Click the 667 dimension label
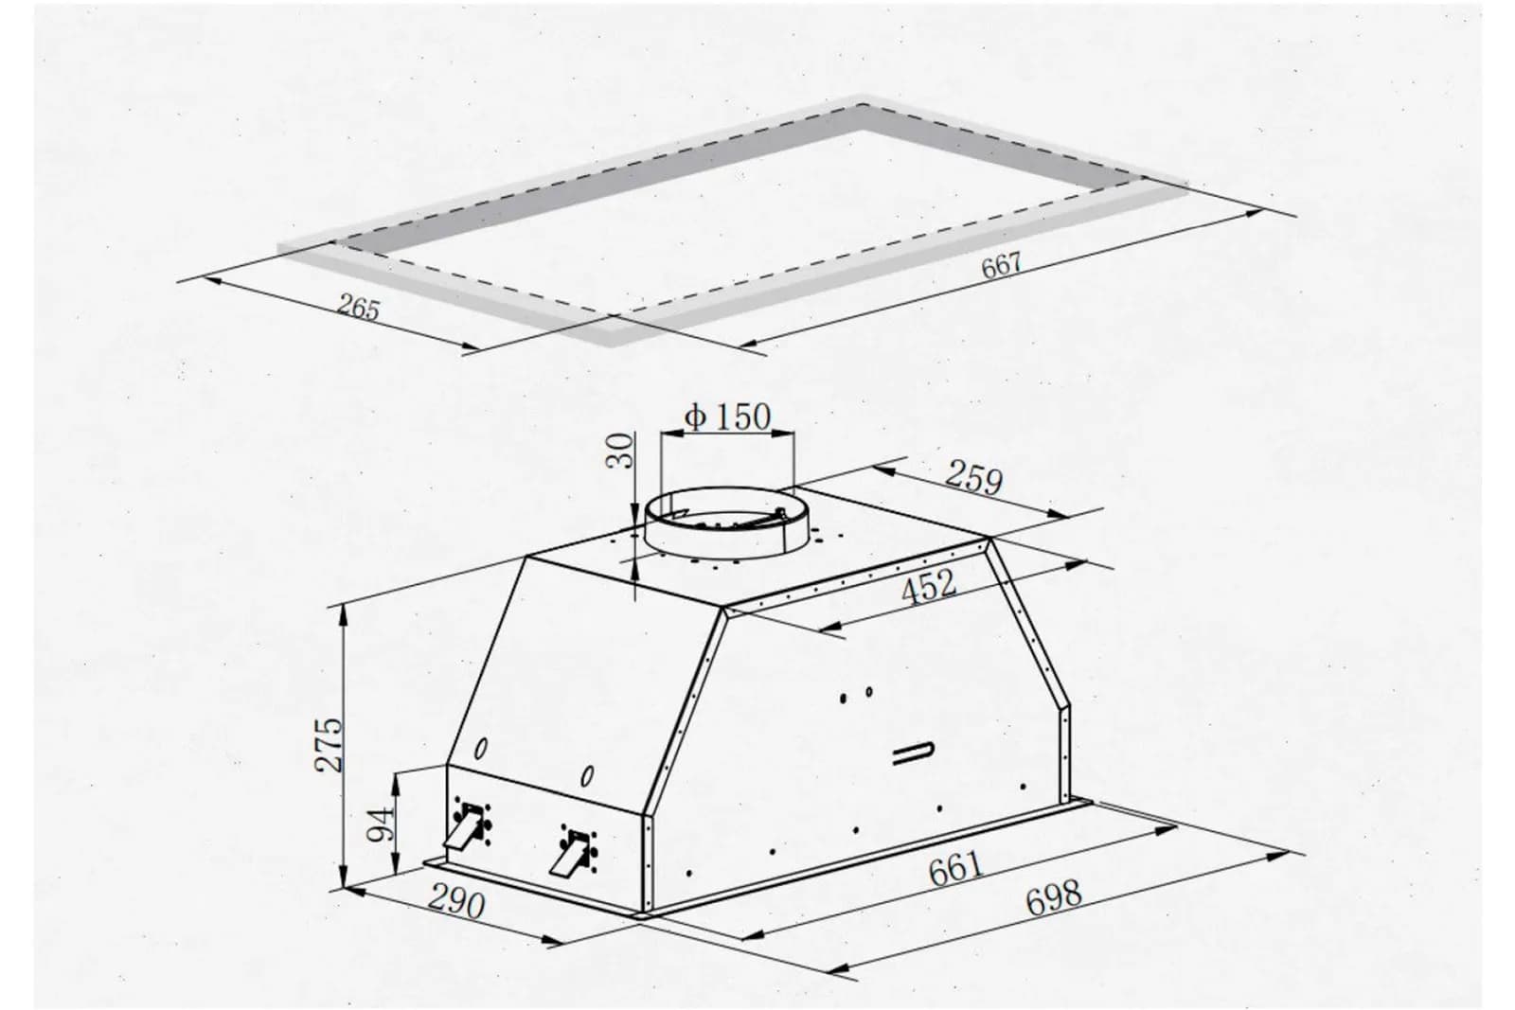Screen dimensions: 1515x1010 point(1001,264)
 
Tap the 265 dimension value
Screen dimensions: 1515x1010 point(359,308)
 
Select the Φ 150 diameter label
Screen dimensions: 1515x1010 point(727,416)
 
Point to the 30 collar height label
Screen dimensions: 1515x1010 point(620,451)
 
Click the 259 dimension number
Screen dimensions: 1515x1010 point(974,478)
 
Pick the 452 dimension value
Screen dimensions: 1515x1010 point(929,586)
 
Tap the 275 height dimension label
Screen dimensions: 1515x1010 point(330,745)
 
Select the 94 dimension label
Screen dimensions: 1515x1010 point(380,824)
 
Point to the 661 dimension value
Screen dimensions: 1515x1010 point(955,869)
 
